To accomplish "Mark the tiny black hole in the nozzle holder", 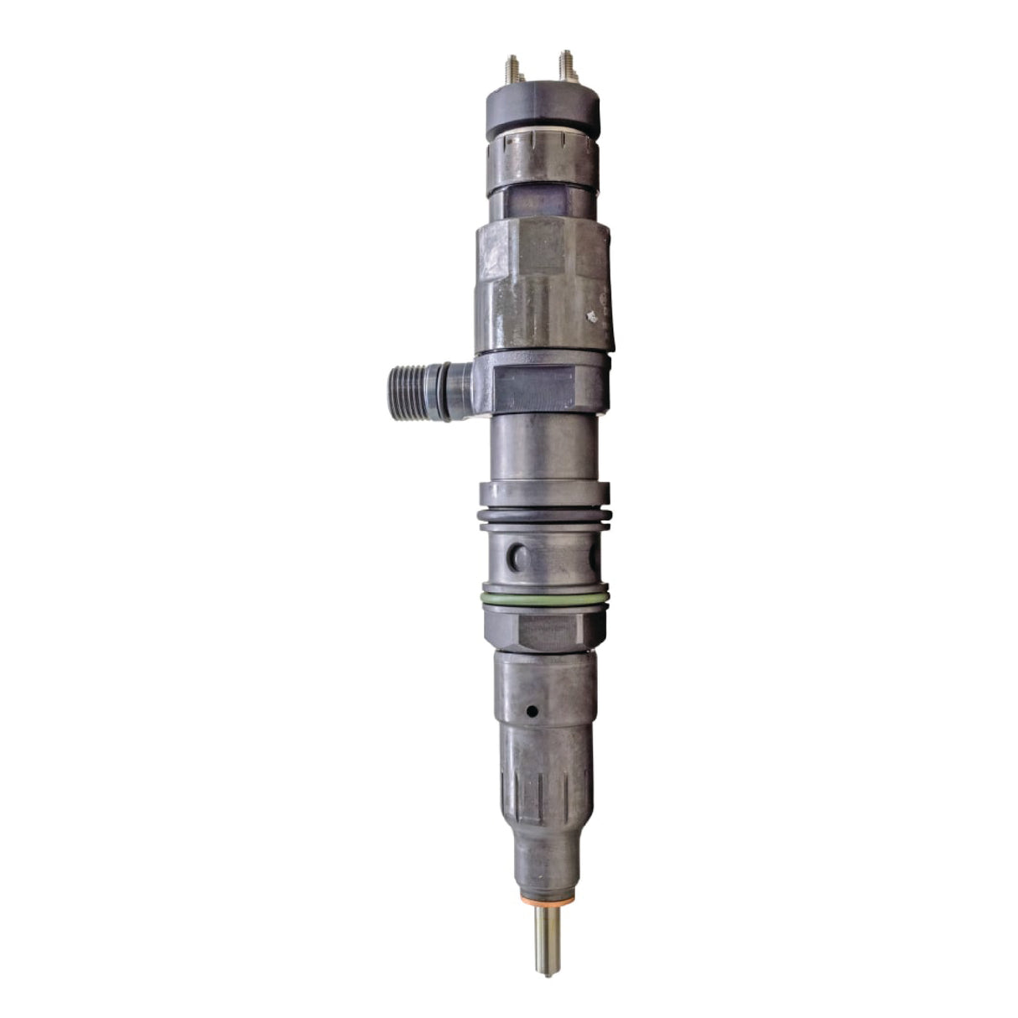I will coord(531,712).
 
